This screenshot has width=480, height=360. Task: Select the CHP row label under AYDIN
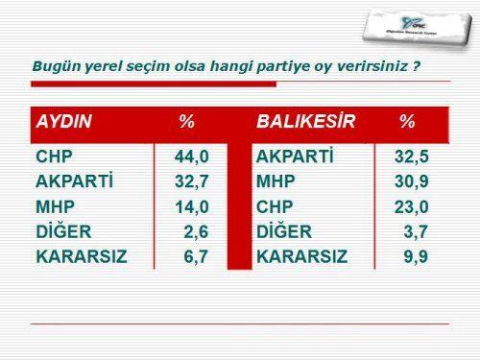click(x=54, y=156)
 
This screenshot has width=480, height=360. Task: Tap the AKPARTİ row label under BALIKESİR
click(x=294, y=156)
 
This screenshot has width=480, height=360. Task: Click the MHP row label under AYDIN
click(x=55, y=206)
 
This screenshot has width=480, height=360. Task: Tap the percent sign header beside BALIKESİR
click(x=407, y=122)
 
